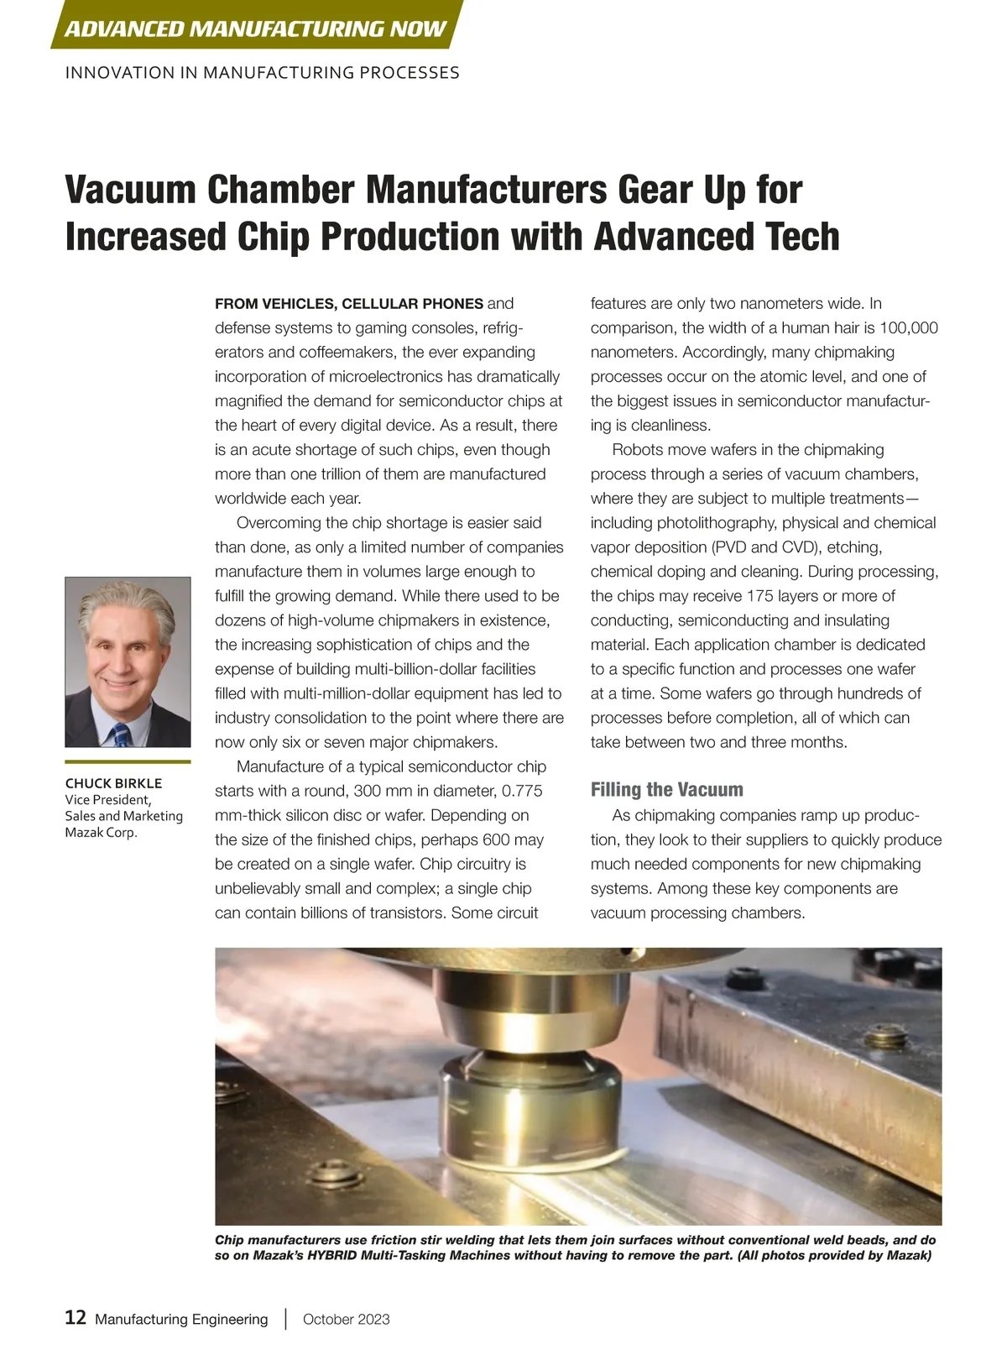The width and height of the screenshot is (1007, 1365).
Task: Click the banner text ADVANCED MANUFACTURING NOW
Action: [x=255, y=29]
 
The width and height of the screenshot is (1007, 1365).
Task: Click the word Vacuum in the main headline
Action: [x=130, y=190]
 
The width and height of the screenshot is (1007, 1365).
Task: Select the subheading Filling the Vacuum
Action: [x=666, y=789]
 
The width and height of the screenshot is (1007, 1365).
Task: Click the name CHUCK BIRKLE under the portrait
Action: [x=113, y=783]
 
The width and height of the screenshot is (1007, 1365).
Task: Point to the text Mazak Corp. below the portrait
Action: [x=101, y=832]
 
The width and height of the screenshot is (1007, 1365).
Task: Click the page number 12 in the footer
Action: [x=76, y=1317]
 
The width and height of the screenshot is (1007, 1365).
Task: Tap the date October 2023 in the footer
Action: [x=346, y=1319]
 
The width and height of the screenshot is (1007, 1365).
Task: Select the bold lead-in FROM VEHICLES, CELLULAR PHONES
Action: [x=349, y=303]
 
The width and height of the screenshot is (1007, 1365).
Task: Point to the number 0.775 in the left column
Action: [x=522, y=791]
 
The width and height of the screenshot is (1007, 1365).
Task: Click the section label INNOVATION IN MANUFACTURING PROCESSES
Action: [x=262, y=73]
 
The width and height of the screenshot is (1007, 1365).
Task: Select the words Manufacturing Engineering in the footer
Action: [x=181, y=1319]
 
